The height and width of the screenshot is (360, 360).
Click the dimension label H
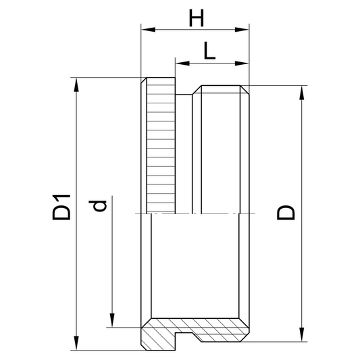(x=197, y=18)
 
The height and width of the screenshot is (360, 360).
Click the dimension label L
(x=209, y=51)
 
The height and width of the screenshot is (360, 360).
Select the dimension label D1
(x=61, y=207)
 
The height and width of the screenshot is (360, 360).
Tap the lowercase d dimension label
(x=98, y=206)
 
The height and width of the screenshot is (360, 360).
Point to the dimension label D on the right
(x=286, y=213)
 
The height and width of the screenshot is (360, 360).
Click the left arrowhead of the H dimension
(x=148, y=30)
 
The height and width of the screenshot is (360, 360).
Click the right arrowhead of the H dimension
(x=242, y=30)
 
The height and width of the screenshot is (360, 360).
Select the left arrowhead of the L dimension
(x=182, y=63)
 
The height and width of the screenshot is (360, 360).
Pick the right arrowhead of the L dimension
(x=242, y=63)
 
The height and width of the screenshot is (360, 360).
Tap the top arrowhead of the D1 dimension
(x=76, y=84)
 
